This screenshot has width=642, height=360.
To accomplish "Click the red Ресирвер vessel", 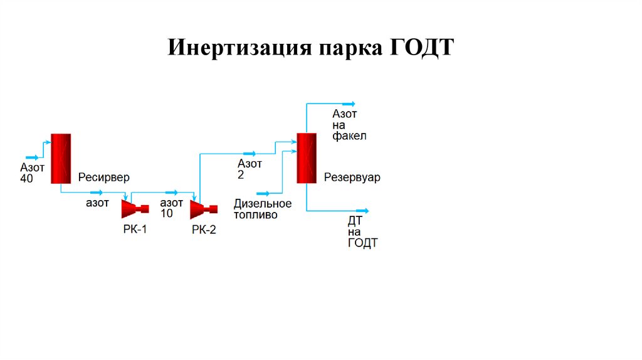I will [61, 158].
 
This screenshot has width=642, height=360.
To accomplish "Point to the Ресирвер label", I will [104, 177].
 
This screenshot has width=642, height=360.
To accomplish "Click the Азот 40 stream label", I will [33, 173].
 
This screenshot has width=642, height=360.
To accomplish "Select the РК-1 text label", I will [135, 230].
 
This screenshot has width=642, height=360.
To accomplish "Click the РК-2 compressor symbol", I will [204, 208].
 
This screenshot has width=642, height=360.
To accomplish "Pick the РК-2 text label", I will [204, 230].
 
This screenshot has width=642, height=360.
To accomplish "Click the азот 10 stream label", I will [171, 208].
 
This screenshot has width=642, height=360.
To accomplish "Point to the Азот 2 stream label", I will [249, 169].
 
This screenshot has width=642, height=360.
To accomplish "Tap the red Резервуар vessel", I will [306, 157].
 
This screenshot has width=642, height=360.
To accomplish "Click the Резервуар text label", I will [352, 177].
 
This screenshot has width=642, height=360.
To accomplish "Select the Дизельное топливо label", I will [263, 209].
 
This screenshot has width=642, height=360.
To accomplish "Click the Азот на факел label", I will [349, 125].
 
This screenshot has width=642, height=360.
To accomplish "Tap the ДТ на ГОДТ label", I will [362, 232].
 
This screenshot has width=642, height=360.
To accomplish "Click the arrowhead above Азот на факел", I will [351, 103].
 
